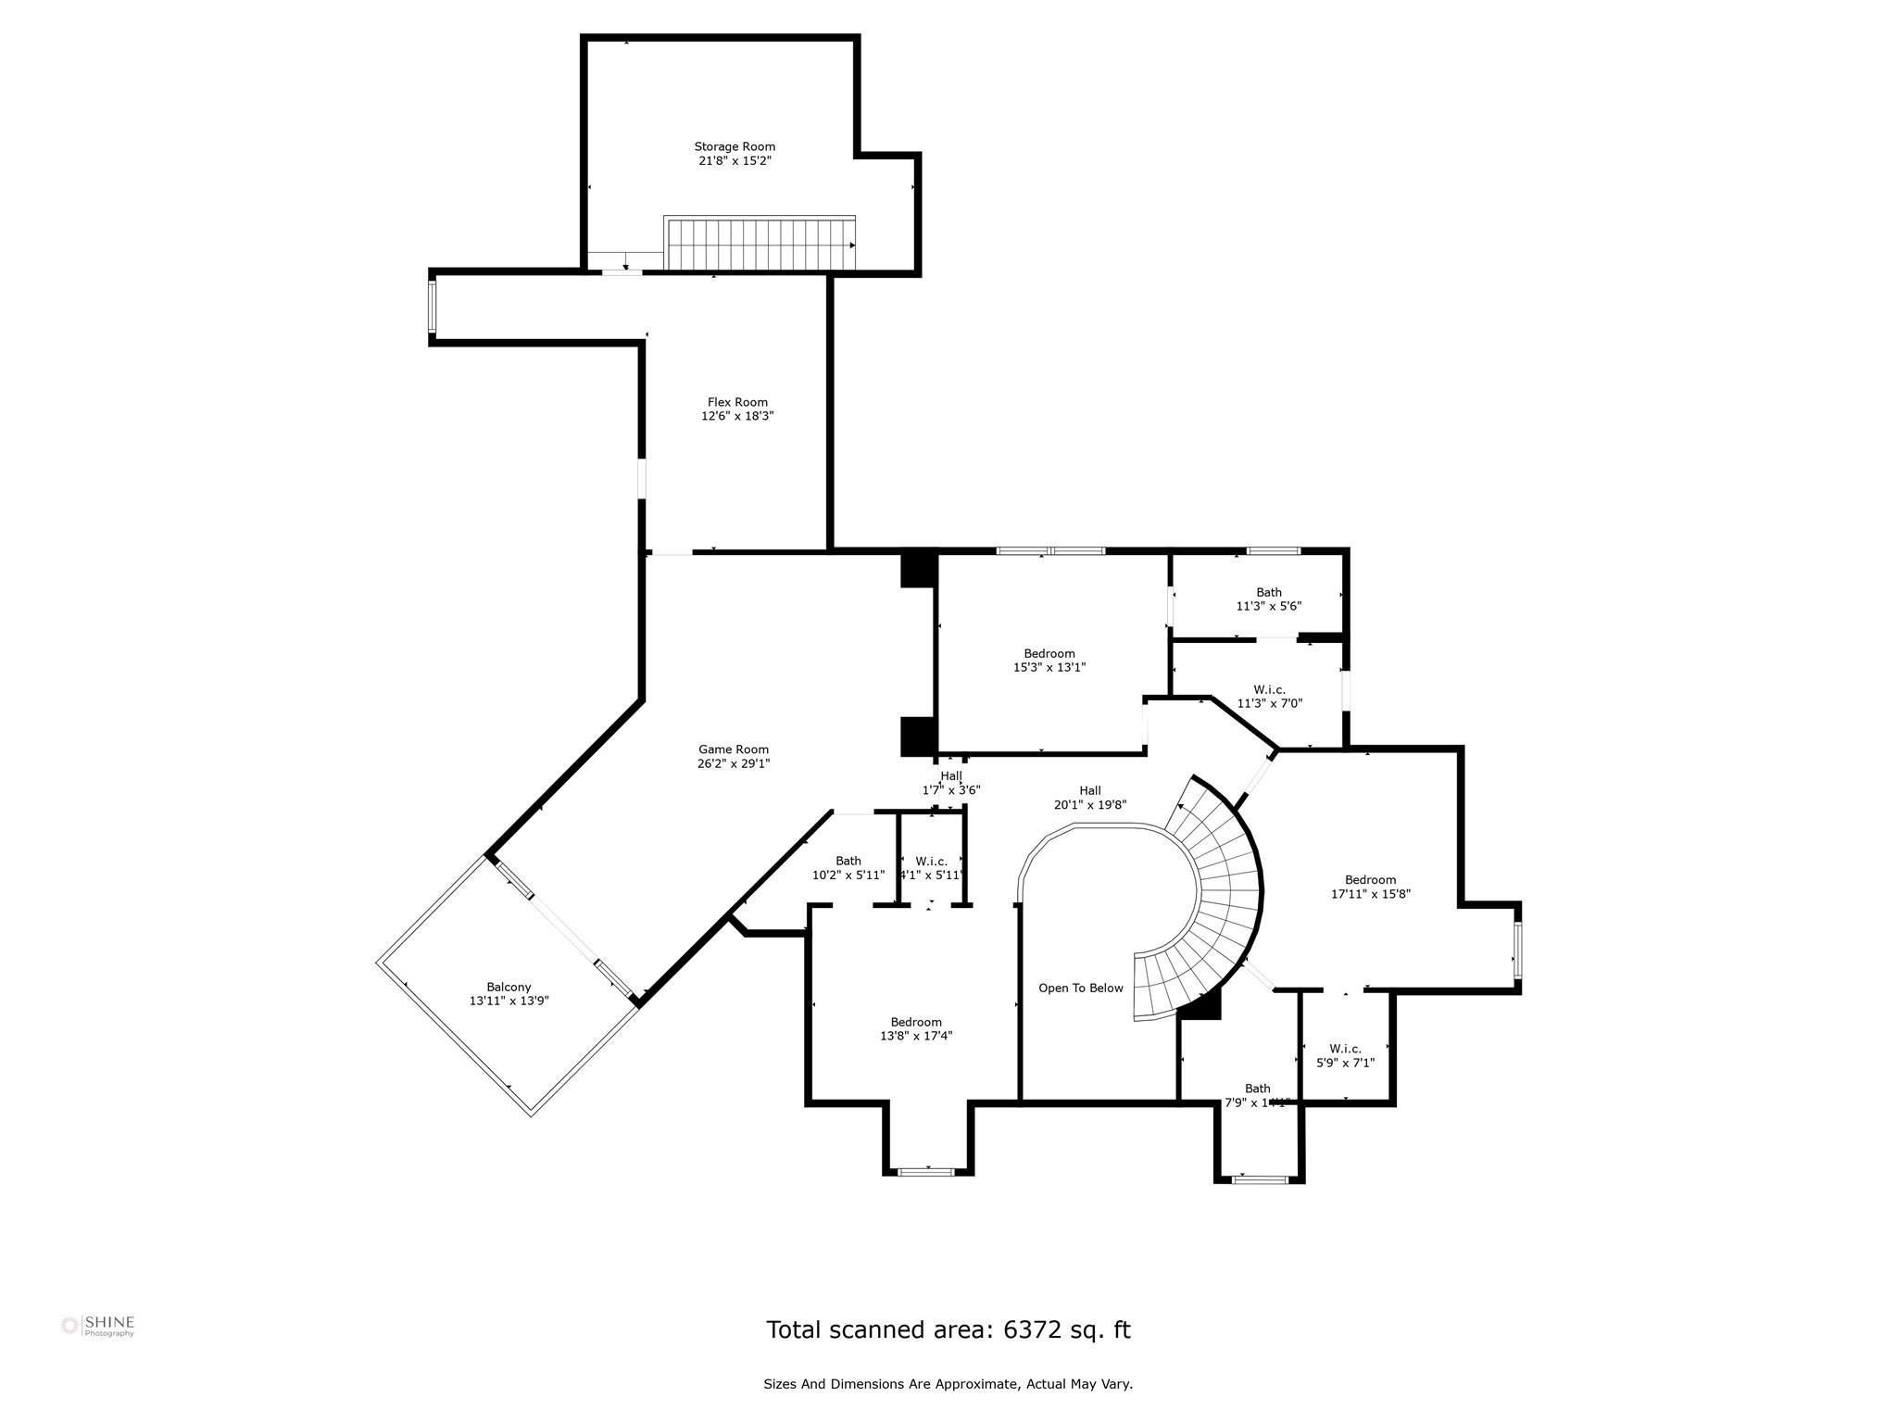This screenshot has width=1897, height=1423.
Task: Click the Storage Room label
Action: (x=735, y=146)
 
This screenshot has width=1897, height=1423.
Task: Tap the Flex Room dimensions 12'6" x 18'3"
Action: (x=737, y=417)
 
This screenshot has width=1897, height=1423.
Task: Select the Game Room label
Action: (x=734, y=749)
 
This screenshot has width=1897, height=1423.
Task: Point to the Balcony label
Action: (x=509, y=987)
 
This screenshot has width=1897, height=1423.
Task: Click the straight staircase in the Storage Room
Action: (x=760, y=243)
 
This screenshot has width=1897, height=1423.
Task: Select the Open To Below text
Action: (x=1080, y=989)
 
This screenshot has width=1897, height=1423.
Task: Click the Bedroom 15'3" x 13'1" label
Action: (x=1049, y=653)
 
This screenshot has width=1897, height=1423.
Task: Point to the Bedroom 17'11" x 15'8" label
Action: (x=1370, y=880)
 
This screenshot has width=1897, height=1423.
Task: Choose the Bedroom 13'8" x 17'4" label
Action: (x=916, y=1022)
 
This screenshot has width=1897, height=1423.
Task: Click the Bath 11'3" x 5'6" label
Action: (x=1269, y=592)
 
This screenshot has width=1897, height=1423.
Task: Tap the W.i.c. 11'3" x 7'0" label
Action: (x=1269, y=689)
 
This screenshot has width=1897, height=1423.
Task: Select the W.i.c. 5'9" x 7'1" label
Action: (x=1345, y=1049)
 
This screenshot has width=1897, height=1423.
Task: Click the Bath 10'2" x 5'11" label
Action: (x=848, y=861)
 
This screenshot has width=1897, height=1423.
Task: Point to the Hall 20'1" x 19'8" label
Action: (x=1089, y=790)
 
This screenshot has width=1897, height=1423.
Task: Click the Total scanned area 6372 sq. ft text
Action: (x=948, y=1329)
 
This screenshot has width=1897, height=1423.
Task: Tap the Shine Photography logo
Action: (x=98, y=1326)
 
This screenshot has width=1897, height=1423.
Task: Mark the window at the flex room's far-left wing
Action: (x=432, y=307)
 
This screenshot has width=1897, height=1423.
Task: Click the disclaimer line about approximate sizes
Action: (x=948, y=1384)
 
